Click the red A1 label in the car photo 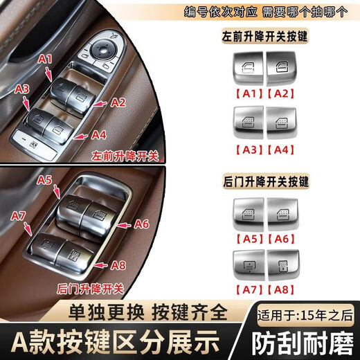point(45,60)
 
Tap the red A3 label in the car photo point(21,89)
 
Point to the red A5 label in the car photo point(45,179)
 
